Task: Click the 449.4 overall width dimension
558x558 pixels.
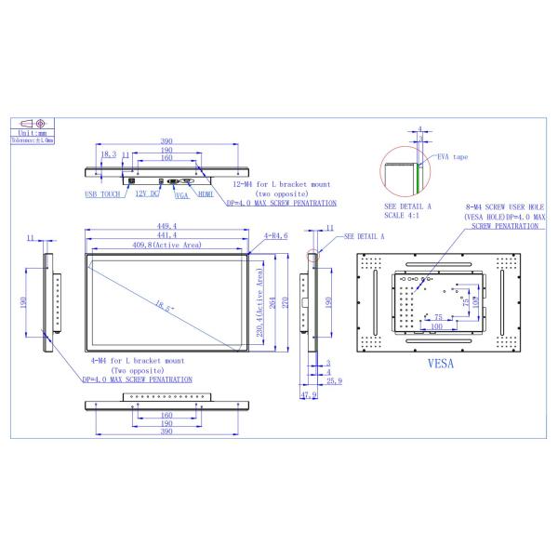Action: pos(167,224)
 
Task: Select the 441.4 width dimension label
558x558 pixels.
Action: pos(167,235)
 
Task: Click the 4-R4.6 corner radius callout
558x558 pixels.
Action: pos(276,236)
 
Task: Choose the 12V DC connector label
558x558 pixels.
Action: pos(148,195)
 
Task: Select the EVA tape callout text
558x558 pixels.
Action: pos(453,157)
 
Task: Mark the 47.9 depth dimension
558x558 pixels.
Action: pos(309,394)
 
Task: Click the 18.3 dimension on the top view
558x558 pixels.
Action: pos(108,154)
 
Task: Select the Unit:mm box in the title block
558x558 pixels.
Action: pos(36,133)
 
